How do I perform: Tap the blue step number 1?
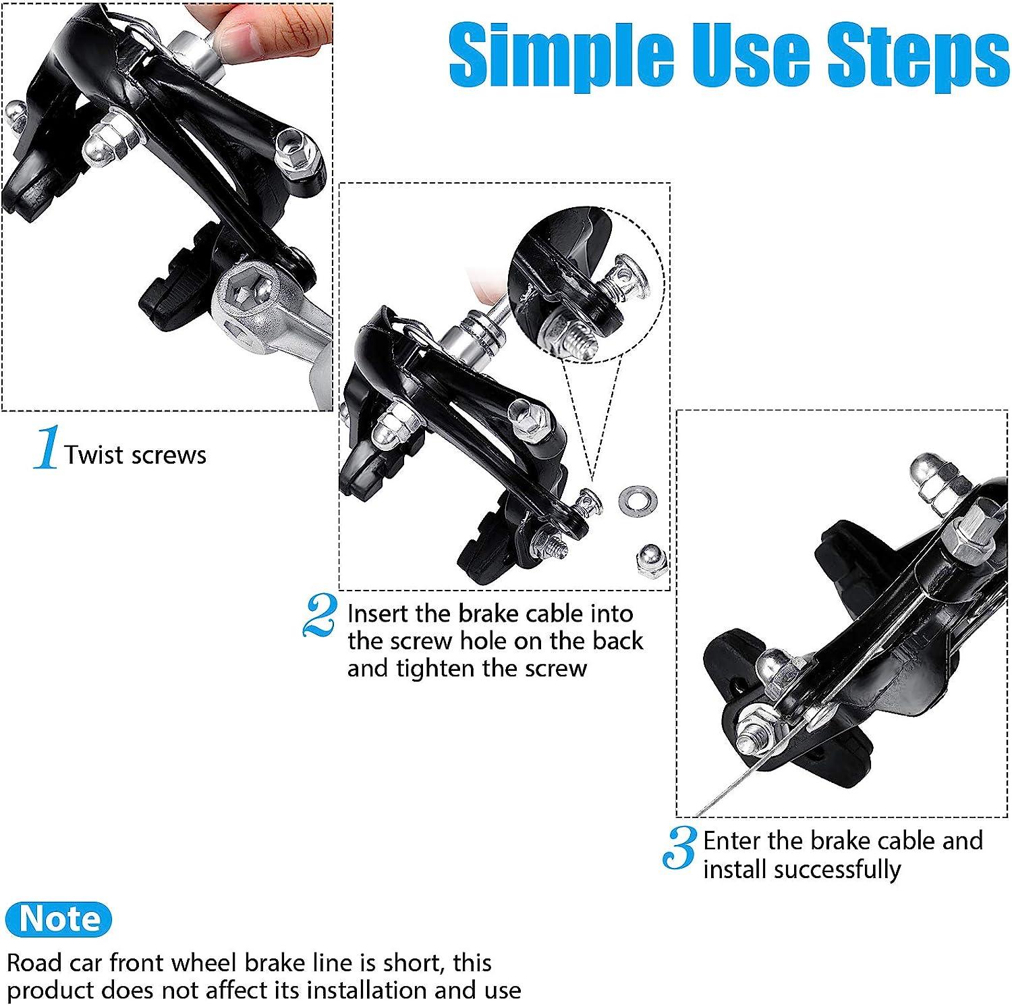pos(45,447)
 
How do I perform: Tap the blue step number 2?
pos(320,615)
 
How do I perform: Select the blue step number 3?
pos(679,848)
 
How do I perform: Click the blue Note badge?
pos(59,919)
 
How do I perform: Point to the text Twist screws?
pos(136,455)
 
